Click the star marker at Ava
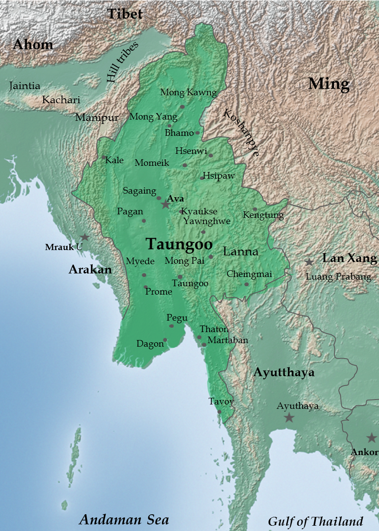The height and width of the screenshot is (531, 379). click(x=166, y=204)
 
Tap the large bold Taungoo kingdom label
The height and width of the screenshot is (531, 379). click(x=179, y=244)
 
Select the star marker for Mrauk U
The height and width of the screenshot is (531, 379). click(x=84, y=237)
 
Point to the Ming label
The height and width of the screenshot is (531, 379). click(x=329, y=83)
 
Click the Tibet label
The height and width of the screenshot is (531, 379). click(x=125, y=14)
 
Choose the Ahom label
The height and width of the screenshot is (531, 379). click(x=33, y=45)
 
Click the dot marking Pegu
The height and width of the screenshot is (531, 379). click(x=172, y=326)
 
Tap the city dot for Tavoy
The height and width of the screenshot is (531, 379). click(x=220, y=412)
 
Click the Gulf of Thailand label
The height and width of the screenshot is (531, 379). click(x=315, y=521)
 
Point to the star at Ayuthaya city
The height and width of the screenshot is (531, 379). click(x=289, y=417)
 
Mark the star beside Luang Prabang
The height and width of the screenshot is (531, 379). click(x=309, y=262)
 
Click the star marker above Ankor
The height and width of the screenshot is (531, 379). click(x=371, y=438)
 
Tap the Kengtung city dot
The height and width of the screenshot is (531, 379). click(x=255, y=209)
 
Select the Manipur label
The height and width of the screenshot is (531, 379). click(x=97, y=117)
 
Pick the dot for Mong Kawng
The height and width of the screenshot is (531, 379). click(x=182, y=107)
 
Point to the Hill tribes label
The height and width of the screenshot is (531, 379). click(x=122, y=62)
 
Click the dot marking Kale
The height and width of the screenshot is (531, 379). click(x=104, y=157)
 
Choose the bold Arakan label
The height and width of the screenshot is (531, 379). click(x=90, y=269)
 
